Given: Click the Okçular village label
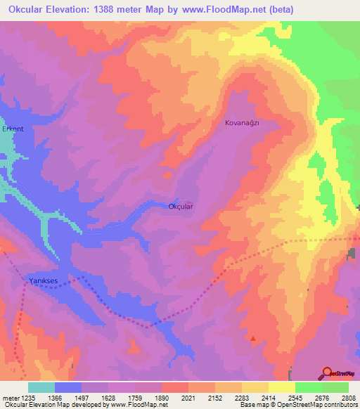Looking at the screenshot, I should pos(181,207).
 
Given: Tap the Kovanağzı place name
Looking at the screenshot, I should pos(242,122).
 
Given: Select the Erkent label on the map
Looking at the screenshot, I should pos(13,129).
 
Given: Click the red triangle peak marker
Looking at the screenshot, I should pos(253,339).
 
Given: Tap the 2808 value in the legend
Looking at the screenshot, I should pos(349,398).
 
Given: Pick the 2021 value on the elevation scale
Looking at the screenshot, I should pos(188,398).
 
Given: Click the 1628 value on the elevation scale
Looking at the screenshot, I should pos(108,398).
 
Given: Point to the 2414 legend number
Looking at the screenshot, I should pos(269,398).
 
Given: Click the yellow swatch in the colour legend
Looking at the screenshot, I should pos(282,387).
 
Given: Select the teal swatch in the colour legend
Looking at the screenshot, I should pos(41,387).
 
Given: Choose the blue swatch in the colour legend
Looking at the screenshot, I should pos(68,387).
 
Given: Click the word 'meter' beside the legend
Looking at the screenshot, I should pos(10,398).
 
